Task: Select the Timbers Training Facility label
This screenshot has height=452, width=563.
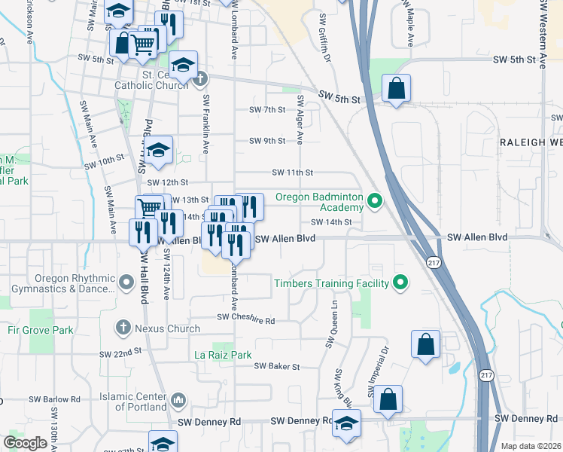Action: tap(331, 283)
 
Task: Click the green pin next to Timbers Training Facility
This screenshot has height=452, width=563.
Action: tap(401, 283)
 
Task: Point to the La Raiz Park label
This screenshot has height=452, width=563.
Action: tap(223, 354)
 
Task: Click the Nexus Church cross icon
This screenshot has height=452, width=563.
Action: tap(123, 328)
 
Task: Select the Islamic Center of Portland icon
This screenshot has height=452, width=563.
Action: tap(178, 399)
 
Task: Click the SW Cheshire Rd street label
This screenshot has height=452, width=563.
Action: tap(247, 319)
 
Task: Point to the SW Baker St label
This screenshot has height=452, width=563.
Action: tap(277, 366)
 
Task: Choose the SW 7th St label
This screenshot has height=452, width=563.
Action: tap(267, 109)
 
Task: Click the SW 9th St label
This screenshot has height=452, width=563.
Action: tap(267, 141)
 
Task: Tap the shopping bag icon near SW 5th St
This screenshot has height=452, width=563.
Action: tap(396, 89)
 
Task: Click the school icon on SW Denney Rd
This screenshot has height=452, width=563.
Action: tap(346, 423)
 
